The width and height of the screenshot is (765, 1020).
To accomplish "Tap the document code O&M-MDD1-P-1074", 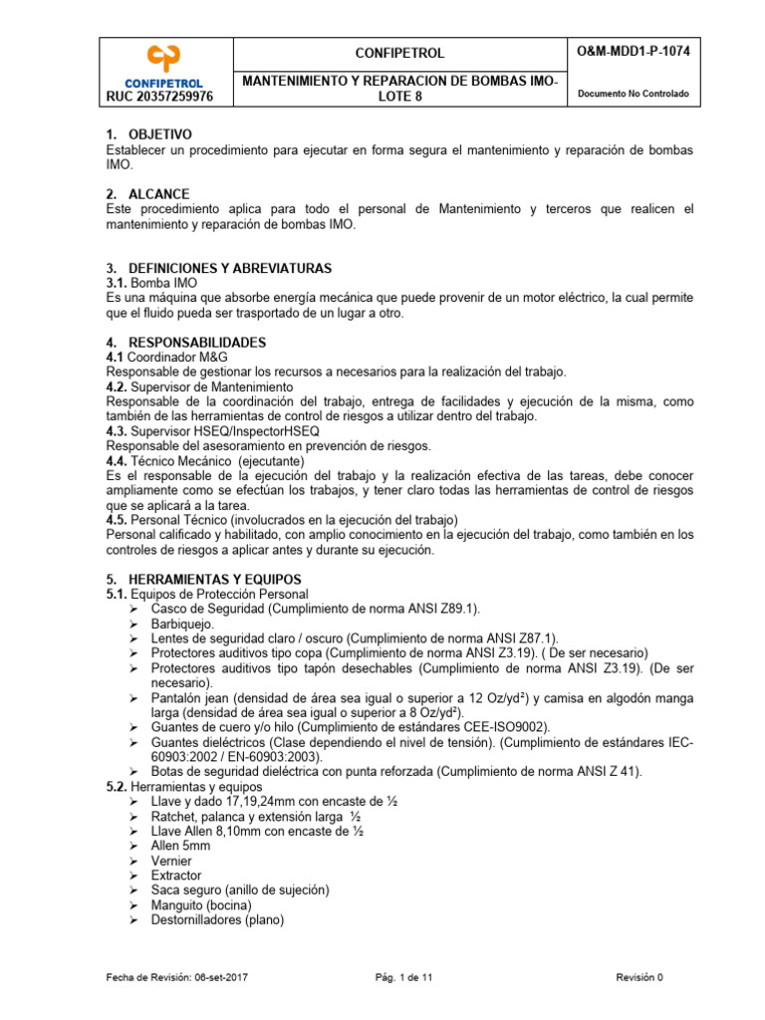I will [632, 51].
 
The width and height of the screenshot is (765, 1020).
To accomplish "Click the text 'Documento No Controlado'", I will [632, 95].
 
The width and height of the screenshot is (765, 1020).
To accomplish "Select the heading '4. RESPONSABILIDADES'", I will [185, 343].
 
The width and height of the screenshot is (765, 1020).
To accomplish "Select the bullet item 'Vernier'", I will [171, 861].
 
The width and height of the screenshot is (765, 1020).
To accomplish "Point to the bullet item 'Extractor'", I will [176, 876].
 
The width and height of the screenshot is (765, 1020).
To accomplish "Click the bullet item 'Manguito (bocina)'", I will [201, 905].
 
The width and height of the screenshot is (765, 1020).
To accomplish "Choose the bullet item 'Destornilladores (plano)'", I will [217, 920].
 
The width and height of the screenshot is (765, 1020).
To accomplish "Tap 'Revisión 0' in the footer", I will [638, 978].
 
